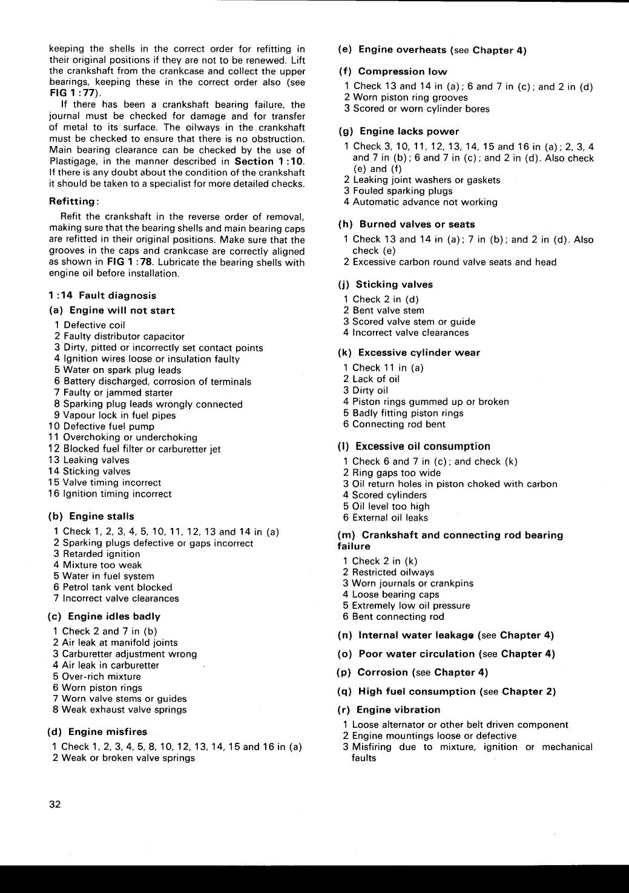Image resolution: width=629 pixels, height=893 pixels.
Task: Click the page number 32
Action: click(x=55, y=804)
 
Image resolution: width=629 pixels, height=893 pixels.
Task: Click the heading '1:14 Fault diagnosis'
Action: click(x=102, y=295)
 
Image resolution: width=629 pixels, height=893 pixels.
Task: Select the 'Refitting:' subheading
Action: click(x=74, y=201)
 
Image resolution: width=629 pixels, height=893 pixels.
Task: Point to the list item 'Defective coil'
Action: click(x=94, y=325)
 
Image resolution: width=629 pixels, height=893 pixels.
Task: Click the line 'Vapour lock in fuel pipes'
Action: click(x=119, y=415)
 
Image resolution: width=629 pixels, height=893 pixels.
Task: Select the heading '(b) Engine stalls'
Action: click(x=91, y=516)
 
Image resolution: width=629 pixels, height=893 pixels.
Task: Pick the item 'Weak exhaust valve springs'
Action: click(x=123, y=710)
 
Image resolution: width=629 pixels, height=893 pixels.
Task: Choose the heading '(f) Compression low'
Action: click(x=393, y=71)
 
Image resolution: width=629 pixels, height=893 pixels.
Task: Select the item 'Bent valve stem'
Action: click(x=388, y=310)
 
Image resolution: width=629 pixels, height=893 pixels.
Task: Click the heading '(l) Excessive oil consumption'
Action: click(x=414, y=446)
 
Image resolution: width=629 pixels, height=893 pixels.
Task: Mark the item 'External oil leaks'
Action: click(x=390, y=518)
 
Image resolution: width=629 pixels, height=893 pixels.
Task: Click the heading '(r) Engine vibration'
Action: click(x=389, y=710)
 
